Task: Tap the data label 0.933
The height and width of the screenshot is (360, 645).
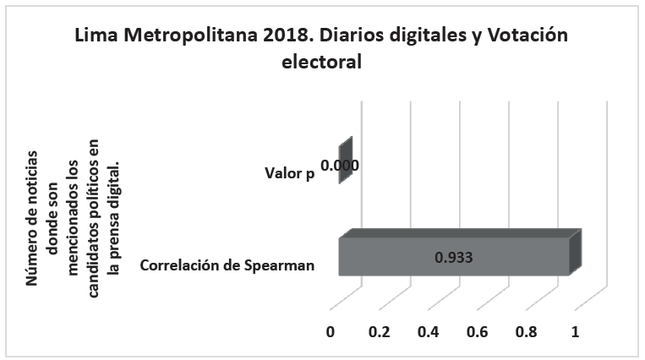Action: point(453,257)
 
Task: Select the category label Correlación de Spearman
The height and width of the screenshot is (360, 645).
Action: point(227,265)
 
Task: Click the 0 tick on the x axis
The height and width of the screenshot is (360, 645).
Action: point(331,332)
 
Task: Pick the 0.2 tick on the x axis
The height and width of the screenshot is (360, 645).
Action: point(380,332)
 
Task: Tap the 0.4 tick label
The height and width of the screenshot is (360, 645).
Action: point(429,332)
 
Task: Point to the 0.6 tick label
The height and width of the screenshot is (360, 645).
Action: point(478,332)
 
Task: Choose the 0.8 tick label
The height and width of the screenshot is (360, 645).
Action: point(527,332)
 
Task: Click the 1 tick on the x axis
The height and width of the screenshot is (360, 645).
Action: point(576,332)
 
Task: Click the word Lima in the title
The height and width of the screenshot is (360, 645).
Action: point(95,36)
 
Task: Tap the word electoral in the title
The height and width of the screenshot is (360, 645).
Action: point(321,63)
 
